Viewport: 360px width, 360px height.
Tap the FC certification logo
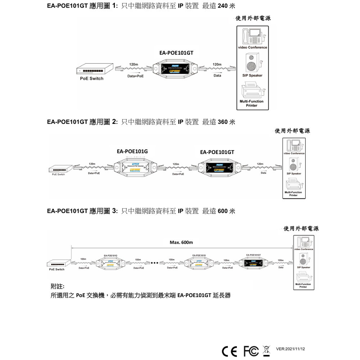[251, 349]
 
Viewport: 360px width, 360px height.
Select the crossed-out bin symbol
[267, 349]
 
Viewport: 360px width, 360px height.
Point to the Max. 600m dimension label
[181, 242]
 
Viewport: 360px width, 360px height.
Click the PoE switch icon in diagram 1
[91, 70]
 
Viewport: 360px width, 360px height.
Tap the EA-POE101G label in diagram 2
[132, 152]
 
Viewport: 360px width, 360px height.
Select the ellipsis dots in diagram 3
[155, 263]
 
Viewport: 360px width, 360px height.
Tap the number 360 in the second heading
[222, 122]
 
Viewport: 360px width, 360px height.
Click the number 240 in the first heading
[222, 6]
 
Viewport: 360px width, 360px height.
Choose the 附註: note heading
[58, 287]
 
